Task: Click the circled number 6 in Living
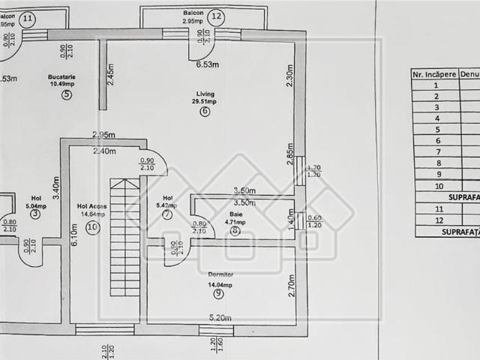tap(205, 112)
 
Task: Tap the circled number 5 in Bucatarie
tap(67, 94)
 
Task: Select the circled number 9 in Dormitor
tap(218, 293)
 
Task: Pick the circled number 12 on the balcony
tap(216, 15)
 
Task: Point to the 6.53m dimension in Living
tap(207, 65)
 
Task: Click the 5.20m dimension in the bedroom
tap(219, 317)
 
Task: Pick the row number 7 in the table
tap(437, 151)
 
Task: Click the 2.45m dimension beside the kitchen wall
tap(110, 75)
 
